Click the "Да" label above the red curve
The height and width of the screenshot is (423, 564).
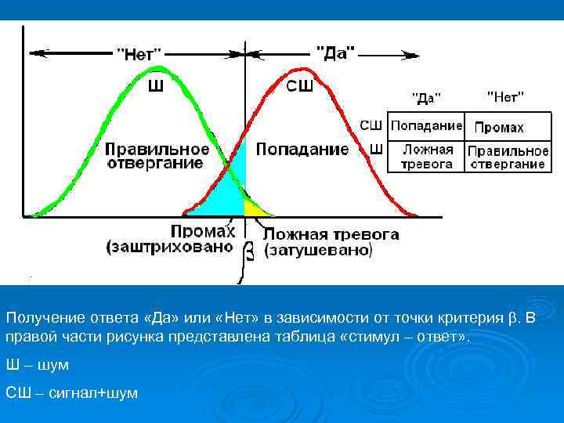point(335,52)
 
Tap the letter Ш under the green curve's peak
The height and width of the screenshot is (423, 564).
point(156,86)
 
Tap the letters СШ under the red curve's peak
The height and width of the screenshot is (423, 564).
point(299,86)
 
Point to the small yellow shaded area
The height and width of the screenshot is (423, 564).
point(252,208)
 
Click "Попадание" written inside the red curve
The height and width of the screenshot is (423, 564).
point(302,149)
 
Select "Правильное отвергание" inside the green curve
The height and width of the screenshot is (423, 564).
point(157,156)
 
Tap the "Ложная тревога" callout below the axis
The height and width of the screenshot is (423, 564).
point(331,233)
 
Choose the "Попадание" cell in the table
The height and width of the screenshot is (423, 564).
point(426,125)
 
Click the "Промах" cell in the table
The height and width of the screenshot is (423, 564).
point(499,127)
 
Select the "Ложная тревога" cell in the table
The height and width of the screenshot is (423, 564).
point(427,157)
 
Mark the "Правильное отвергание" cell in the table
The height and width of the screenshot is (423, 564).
point(507,157)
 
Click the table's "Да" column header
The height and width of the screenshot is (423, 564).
point(427,98)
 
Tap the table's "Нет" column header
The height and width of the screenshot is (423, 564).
point(505,96)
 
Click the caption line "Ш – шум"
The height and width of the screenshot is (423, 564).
point(38,365)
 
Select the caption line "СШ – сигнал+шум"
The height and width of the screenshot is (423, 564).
point(71,392)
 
